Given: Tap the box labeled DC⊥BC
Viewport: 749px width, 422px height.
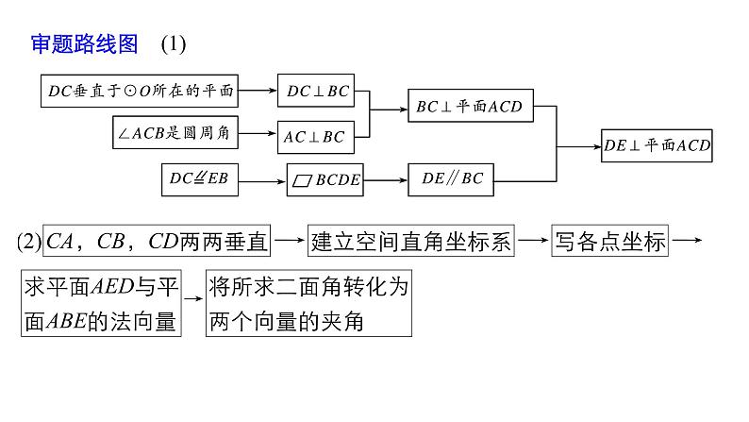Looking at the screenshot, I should (315, 91).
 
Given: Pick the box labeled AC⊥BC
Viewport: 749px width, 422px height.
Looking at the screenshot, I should (315, 137).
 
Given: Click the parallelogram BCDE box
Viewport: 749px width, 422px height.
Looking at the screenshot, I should (326, 179).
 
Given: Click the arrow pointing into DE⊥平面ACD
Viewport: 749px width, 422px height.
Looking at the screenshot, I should (579, 146).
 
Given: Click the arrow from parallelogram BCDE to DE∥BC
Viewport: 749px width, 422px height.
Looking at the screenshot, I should (387, 178).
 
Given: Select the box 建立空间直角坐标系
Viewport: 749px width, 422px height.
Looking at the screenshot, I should (412, 243).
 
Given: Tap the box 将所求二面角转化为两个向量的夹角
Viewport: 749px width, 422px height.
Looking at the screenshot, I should (309, 304).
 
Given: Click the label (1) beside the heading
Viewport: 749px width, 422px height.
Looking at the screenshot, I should (175, 44).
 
